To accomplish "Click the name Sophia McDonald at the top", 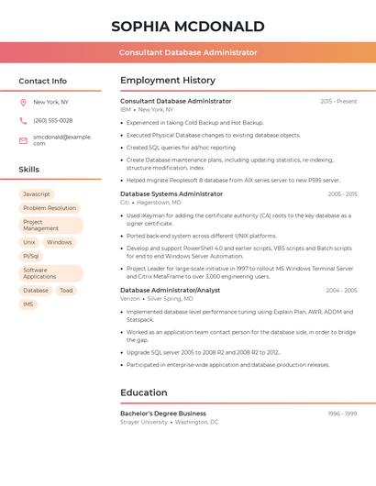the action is (188, 26).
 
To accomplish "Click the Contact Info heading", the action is (43, 81).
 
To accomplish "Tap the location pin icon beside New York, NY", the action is (23, 103).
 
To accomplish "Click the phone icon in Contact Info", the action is (23, 120).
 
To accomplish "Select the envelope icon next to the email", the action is (23, 139).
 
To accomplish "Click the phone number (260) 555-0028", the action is (53, 120).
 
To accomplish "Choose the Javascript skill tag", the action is (37, 194).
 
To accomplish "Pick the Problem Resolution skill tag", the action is (50, 208).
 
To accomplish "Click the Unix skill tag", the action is (29, 243).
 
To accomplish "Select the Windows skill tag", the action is (60, 243).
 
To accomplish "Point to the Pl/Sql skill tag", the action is (31, 257).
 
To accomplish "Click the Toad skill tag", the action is (66, 291).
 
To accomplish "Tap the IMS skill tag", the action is (28, 304).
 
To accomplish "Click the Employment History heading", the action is (168, 81).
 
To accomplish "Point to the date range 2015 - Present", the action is (338, 101).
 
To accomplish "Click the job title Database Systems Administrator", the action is (171, 194).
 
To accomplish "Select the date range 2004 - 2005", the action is (341, 291).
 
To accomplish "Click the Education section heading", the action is (144, 392).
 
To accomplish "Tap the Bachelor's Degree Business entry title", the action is (163, 414).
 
